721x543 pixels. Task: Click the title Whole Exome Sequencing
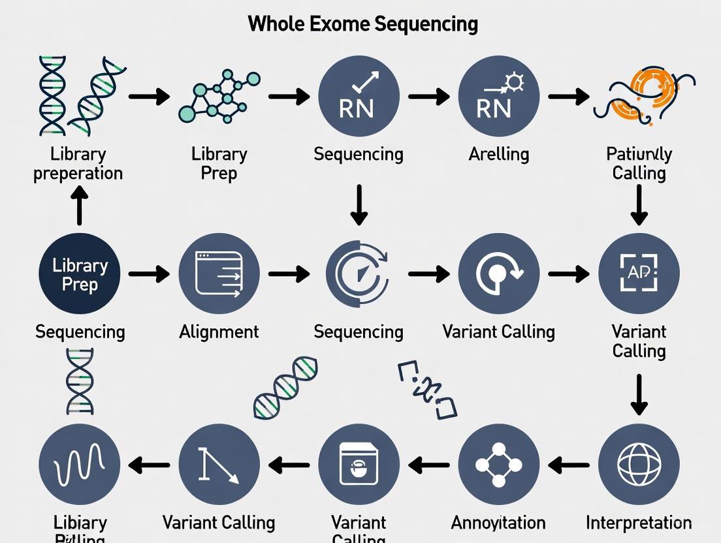(x=362, y=24)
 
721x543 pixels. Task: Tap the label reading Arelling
(x=498, y=155)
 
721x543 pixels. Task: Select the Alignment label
(x=219, y=332)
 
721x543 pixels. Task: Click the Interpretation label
(x=638, y=523)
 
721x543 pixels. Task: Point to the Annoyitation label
(x=498, y=523)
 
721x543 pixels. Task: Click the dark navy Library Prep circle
(x=80, y=274)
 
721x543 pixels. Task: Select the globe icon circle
(x=638, y=464)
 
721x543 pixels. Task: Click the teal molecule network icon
(x=219, y=97)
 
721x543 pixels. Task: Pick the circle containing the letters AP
(x=638, y=274)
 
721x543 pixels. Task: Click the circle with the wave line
(x=80, y=464)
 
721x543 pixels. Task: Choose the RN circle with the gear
(x=498, y=97)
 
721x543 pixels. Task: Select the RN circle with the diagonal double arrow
(x=359, y=97)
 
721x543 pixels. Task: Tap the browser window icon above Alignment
(x=219, y=274)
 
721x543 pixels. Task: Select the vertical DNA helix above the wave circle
(x=80, y=381)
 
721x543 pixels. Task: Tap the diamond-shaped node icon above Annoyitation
(x=498, y=464)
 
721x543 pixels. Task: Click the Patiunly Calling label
(x=638, y=164)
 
